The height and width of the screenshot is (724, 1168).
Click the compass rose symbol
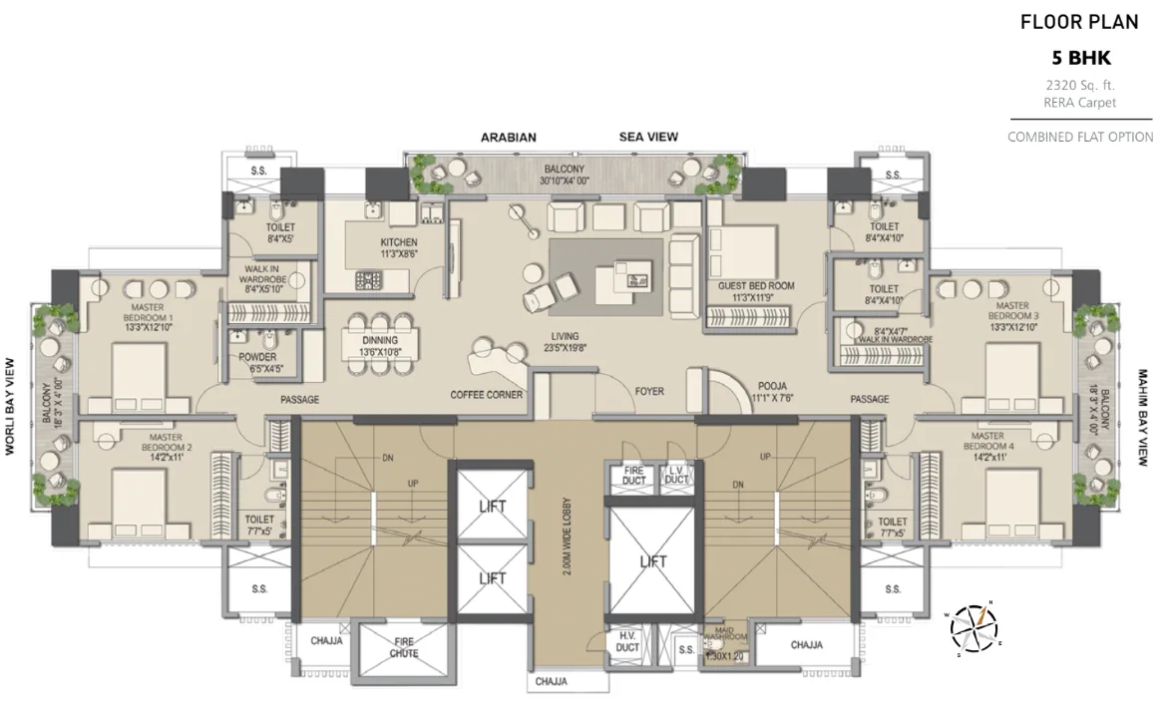[973, 625]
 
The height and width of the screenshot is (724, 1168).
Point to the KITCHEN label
[398, 242]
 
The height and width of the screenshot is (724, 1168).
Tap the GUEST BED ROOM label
[755, 285]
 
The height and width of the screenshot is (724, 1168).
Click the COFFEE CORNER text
[487, 394]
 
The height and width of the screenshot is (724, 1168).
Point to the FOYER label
[649, 392]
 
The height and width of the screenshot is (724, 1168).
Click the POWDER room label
[256, 358]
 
